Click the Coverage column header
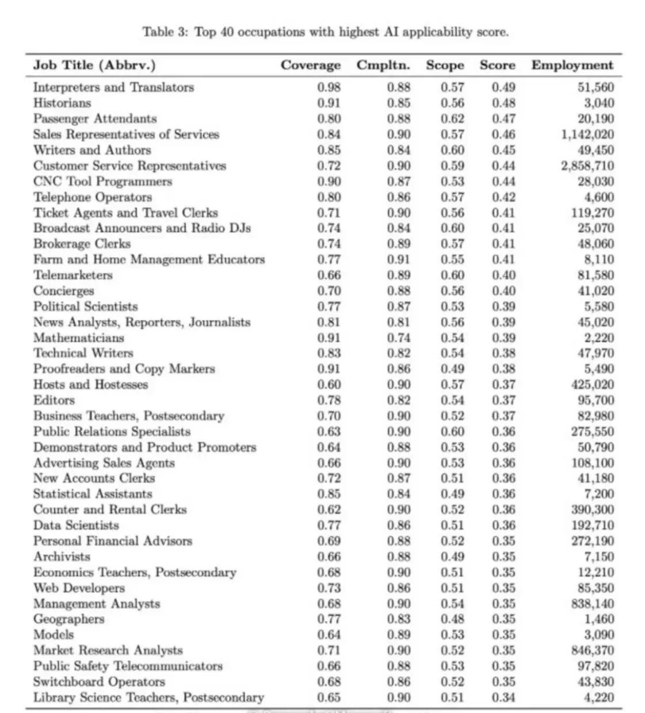click(310, 65)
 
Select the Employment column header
click(572, 65)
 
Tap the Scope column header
click(445, 65)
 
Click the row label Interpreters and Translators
click(113, 87)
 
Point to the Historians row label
click(62, 103)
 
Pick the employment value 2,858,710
click(587, 166)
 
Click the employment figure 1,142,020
click(587, 135)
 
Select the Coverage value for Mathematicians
click(329, 338)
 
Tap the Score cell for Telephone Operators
click(503, 197)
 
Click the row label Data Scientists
click(76, 526)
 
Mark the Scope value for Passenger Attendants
click(453, 119)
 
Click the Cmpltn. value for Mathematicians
click(399, 338)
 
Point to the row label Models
click(54, 635)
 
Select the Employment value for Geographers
click(599, 619)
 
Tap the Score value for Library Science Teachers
click(503, 698)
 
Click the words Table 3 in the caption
click(165, 32)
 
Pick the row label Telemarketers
click(72, 275)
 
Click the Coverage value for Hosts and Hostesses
click(329, 385)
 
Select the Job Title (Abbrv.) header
click(94, 65)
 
